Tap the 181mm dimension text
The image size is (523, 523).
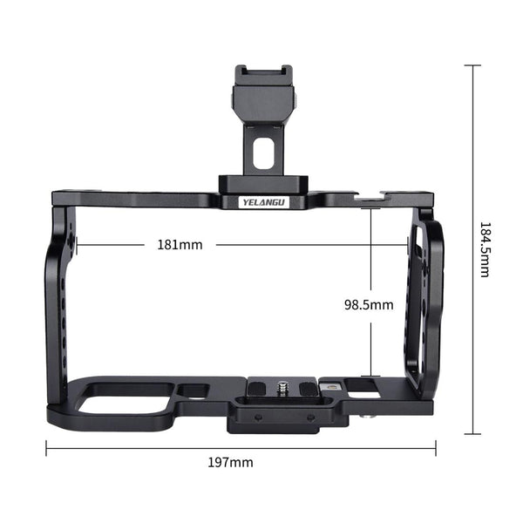[x=180, y=245]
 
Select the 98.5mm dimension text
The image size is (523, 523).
[x=369, y=304]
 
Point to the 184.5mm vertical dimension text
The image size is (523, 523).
[x=484, y=249]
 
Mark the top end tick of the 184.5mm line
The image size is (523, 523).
[x=473, y=65]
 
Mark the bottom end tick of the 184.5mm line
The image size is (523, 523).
[x=473, y=433]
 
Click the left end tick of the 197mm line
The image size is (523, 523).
[x=46, y=450]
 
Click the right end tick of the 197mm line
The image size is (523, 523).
[x=435, y=450]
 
